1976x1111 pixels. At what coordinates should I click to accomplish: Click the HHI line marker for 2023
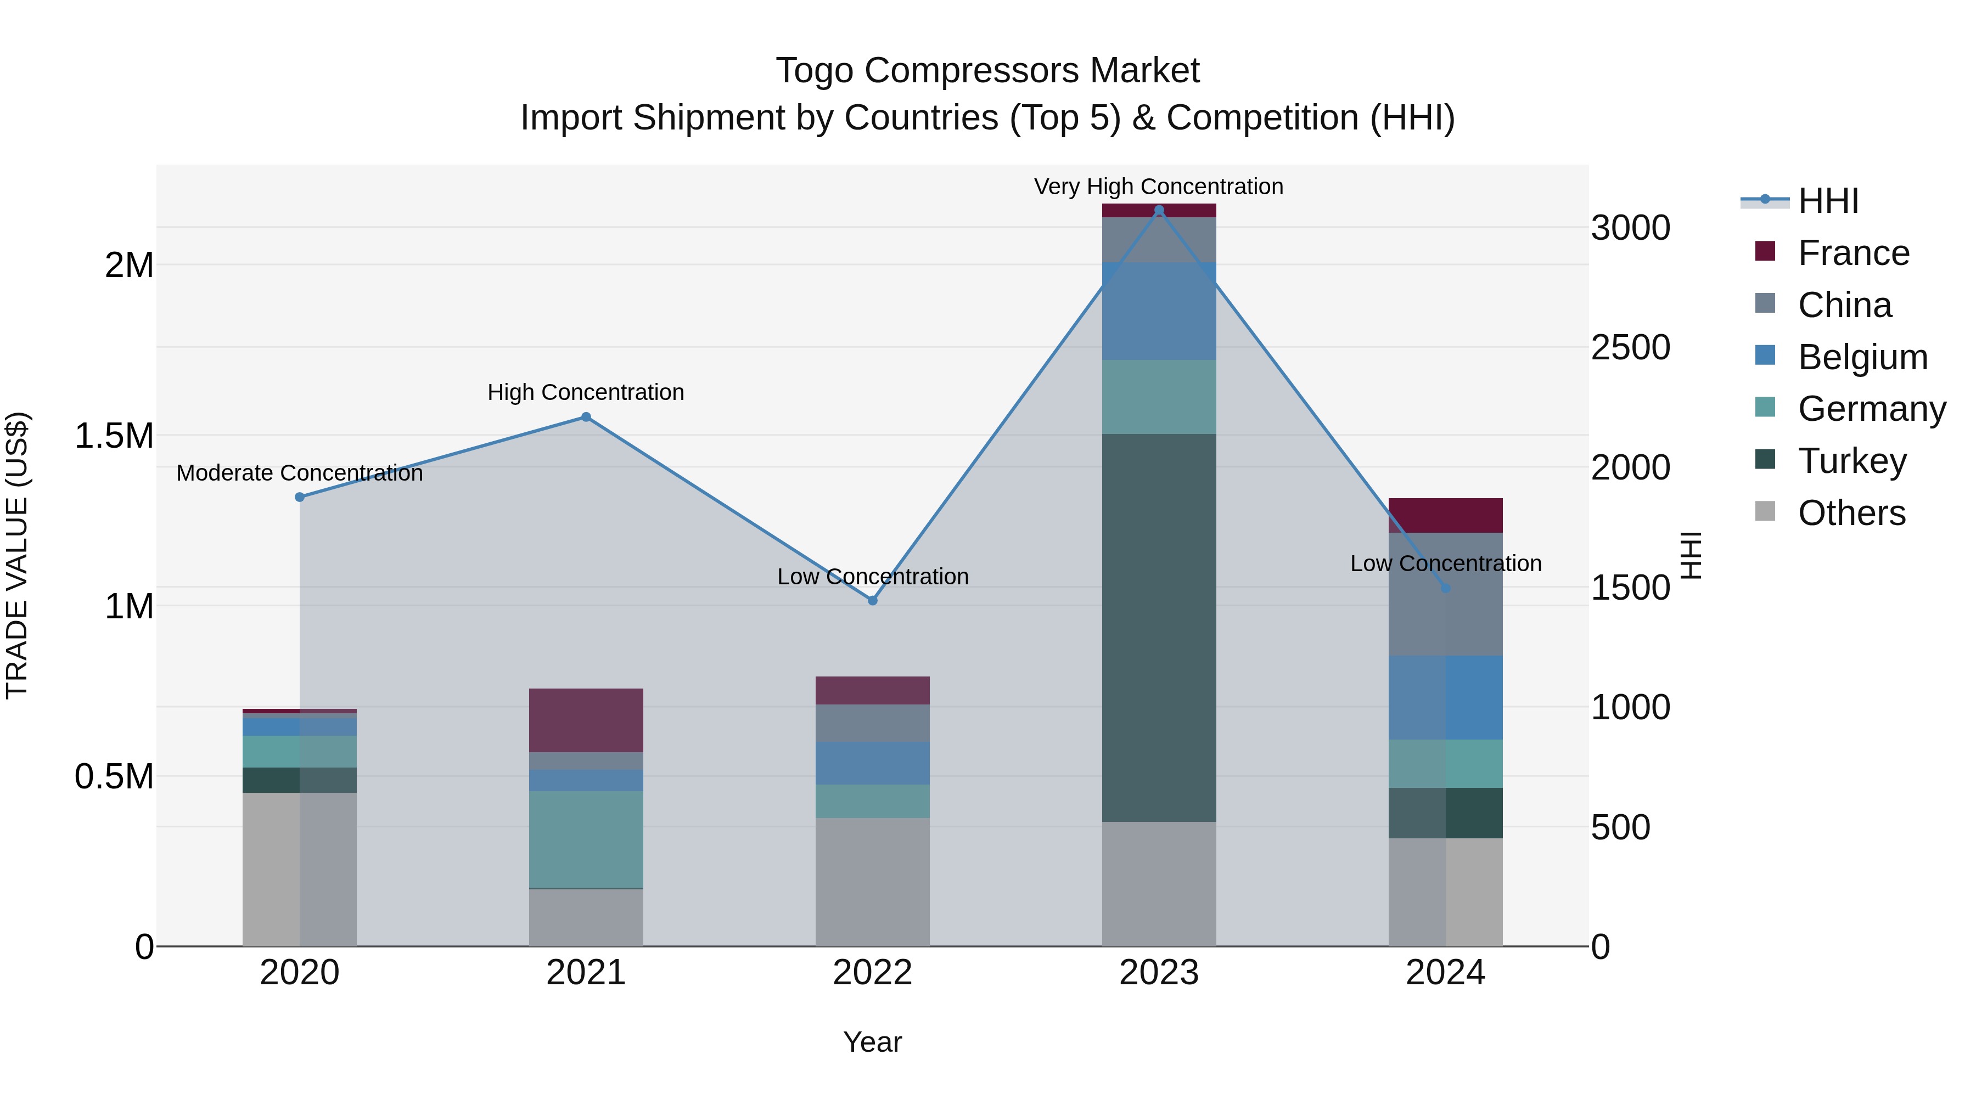[x=1158, y=210]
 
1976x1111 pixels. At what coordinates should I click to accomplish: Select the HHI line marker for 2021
[x=586, y=417]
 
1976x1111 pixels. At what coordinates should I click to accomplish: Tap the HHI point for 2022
[x=872, y=600]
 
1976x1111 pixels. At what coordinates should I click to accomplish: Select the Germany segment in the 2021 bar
[x=586, y=839]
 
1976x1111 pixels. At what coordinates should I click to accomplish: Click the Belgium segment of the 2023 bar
[x=1158, y=311]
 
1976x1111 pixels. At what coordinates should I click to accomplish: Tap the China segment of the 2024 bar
[x=1445, y=594]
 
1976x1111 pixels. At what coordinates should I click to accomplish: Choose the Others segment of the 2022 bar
[x=872, y=882]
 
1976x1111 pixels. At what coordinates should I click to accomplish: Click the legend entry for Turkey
[x=1852, y=461]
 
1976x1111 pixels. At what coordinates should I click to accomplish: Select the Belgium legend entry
[x=1862, y=357]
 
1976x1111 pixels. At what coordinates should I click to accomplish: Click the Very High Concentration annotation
[x=1158, y=187]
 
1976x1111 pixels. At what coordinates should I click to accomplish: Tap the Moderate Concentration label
[x=300, y=473]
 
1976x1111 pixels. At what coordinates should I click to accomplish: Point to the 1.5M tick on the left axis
[x=114, y=436]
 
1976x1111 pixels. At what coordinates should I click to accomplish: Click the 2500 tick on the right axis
[x=1630, y=347]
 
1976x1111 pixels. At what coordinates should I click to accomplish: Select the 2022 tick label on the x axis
[x=872, y=973]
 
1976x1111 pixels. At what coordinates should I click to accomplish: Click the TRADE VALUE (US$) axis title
[x=17, y=555]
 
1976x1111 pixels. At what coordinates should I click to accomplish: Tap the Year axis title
[x=872, y=1042]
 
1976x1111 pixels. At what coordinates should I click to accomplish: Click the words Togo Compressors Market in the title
[x=987, y=71]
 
